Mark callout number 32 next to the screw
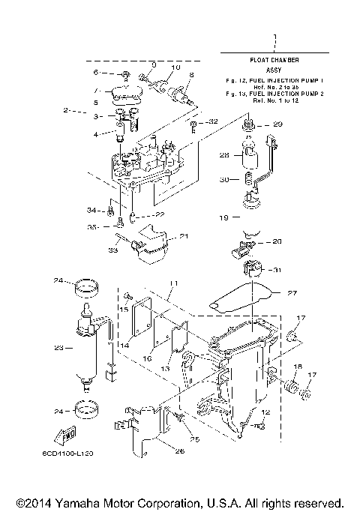(x=213, y=121)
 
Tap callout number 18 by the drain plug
(x=297, y=368)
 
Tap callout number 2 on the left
(x=67, y=110)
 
